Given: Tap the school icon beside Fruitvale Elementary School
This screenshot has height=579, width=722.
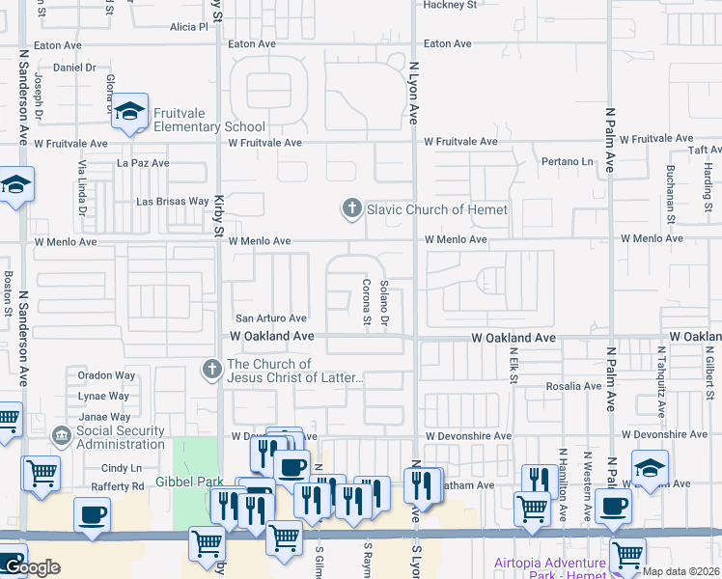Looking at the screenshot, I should pos(128,113).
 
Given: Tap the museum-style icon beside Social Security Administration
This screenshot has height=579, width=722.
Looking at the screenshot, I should pos(62,437).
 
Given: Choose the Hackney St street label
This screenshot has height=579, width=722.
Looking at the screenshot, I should pos(451,5).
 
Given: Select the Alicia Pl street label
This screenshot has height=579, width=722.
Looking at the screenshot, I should pos(188,28).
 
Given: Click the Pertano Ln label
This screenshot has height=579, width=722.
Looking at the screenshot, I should pos(566,161).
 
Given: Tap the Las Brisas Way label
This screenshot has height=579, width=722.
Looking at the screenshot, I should pos(173,202).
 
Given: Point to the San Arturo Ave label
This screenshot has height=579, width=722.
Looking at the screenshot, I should pos(271,318).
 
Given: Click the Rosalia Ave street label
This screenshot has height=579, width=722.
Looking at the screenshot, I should pos(573,387).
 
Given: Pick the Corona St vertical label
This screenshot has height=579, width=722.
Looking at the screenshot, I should pos(367,300).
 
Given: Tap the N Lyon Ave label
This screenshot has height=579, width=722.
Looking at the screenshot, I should pos(413,94).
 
